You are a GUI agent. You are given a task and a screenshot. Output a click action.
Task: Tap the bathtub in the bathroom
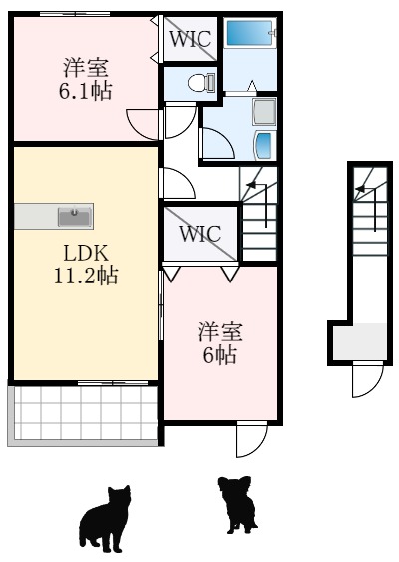point(249,33)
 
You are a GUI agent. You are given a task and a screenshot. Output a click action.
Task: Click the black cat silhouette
point(106,517)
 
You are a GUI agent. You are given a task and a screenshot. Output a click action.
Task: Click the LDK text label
point(85,253)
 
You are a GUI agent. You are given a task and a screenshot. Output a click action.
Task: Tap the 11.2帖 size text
point(85,276)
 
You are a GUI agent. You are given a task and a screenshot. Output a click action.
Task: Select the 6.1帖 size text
point(86,91)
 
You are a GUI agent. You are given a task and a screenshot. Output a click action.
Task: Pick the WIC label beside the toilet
point(189,40)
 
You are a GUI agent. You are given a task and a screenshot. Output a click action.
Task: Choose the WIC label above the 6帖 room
point(199,235)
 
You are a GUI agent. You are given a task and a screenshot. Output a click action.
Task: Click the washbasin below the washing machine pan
point(265,144)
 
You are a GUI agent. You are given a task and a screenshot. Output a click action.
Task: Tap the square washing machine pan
point(264,110)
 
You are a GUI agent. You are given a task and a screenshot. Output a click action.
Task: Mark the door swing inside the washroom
point(218,145)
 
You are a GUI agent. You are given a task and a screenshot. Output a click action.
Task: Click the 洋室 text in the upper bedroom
point(86,68)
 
